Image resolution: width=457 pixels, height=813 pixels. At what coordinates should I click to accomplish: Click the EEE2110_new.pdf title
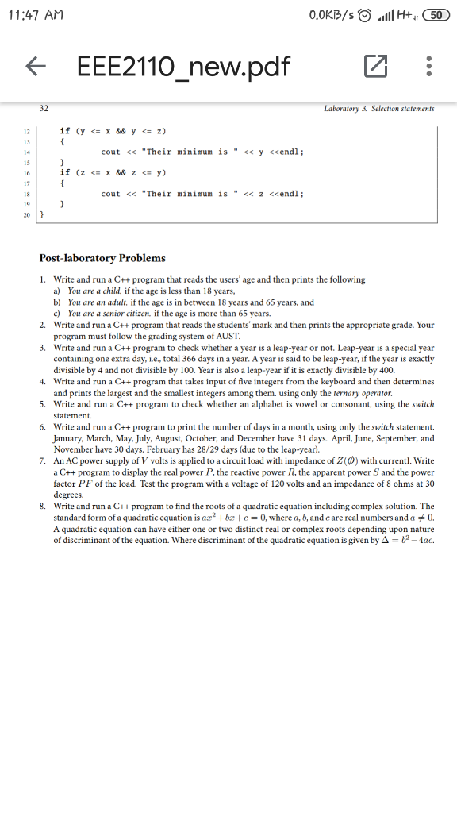(183, 68)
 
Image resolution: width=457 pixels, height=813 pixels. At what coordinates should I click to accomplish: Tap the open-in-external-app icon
(373, 68)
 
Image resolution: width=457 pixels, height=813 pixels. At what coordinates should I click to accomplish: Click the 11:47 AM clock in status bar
(39, 16)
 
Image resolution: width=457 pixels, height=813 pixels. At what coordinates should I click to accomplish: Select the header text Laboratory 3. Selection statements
(379, 108)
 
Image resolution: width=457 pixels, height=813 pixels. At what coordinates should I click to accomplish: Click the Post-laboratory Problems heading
(102, 258)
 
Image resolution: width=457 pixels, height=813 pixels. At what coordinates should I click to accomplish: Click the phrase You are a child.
(94, 291)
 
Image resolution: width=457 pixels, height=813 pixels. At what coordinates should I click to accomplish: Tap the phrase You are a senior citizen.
(109, 313)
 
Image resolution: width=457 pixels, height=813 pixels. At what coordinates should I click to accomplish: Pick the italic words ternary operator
(363, 393)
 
